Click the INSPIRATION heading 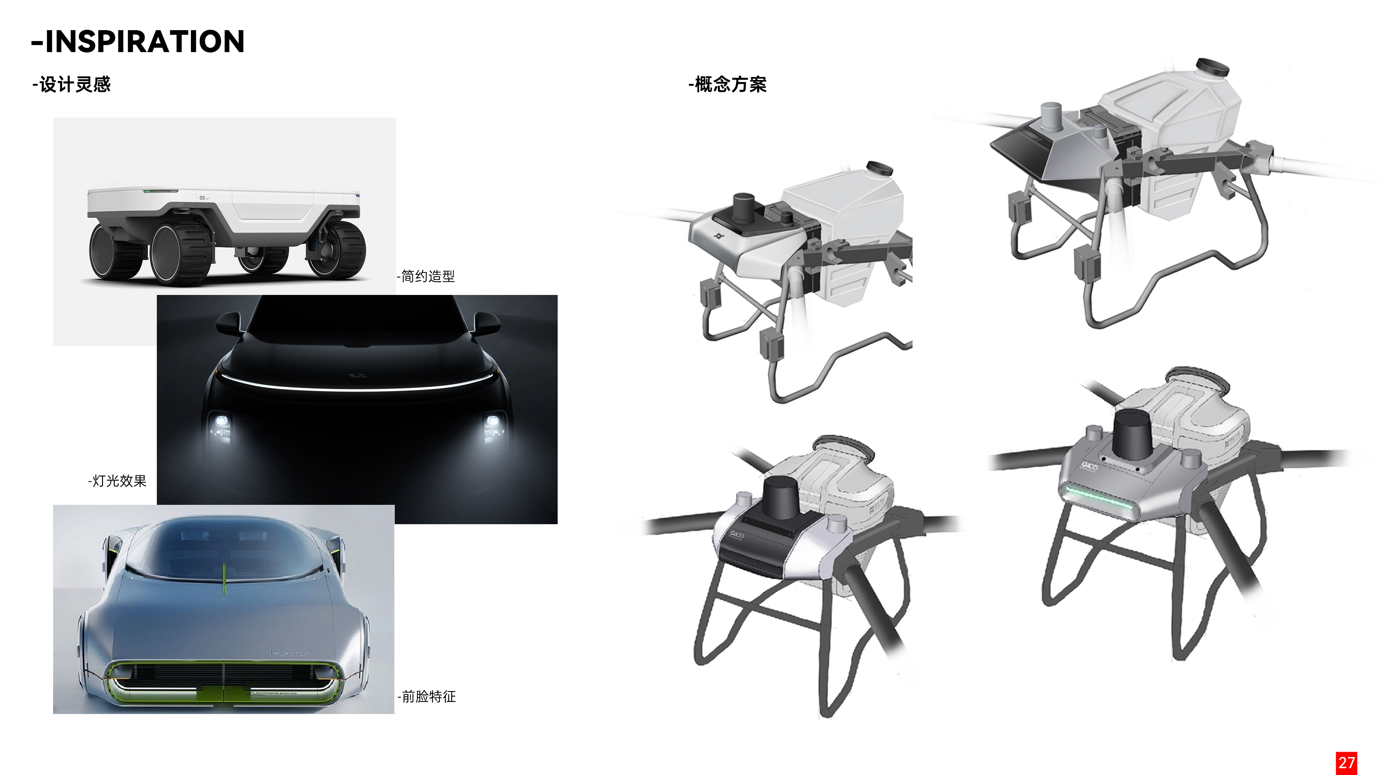tap(138, 42)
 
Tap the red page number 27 tap(1346, 762)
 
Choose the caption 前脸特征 tap(427, 696)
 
